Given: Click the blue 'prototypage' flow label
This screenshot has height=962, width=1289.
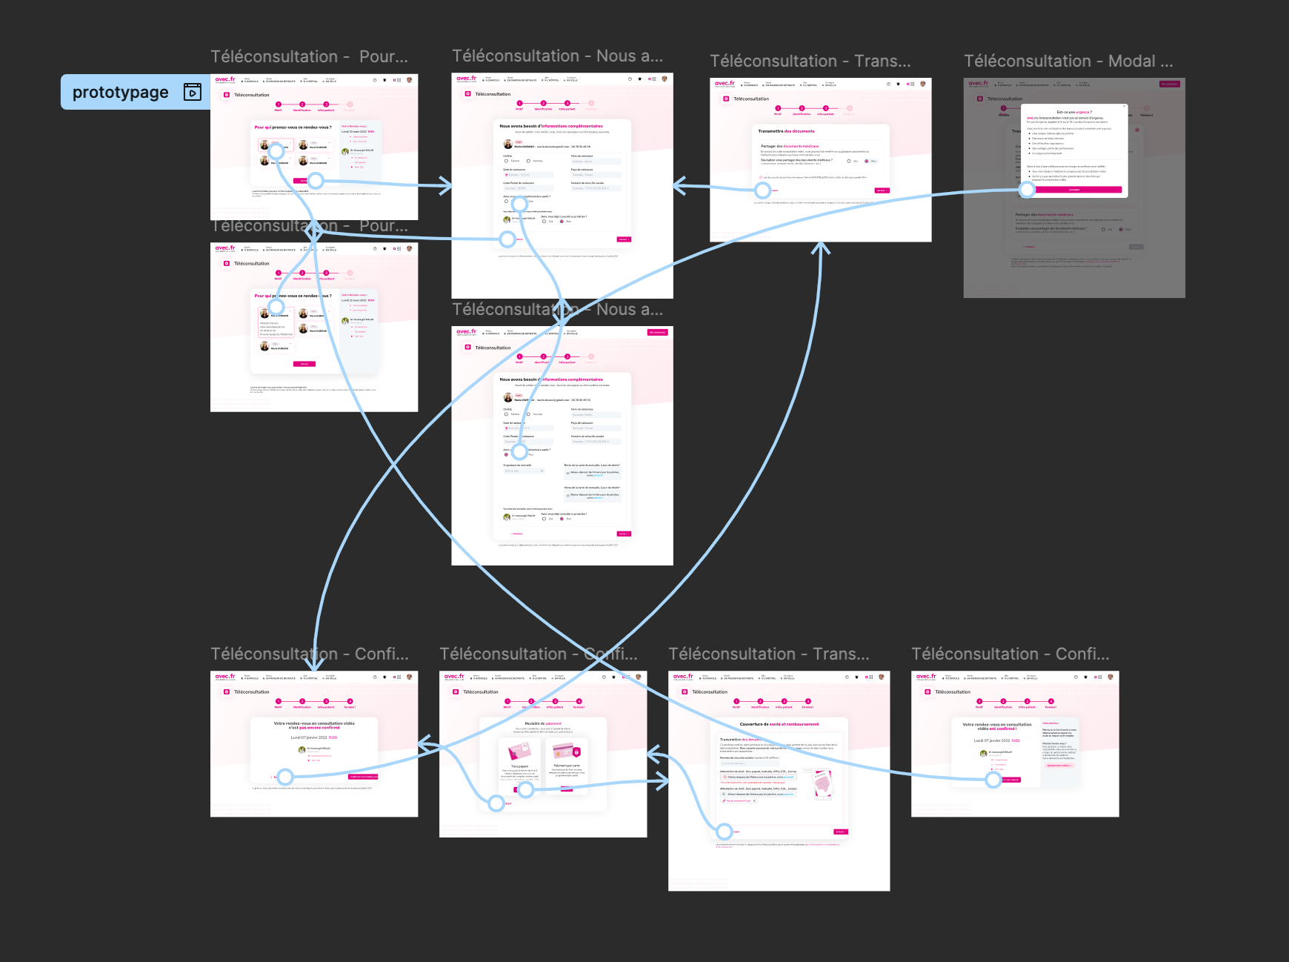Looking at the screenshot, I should (x=121, y=92).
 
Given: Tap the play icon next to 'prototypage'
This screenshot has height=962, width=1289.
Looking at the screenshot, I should (x=193, y=92).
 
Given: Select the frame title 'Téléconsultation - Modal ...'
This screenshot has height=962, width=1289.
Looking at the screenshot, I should (x=1068, y=62).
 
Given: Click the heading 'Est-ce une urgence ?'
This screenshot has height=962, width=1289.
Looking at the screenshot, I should (x=1073, y=112).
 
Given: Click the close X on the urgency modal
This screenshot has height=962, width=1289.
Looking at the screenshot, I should (x=1137, y=130).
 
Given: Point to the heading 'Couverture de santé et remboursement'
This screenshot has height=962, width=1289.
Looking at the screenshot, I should (x=779, y=724).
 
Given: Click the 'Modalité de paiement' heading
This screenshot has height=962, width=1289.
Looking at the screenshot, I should (x=543, y=723).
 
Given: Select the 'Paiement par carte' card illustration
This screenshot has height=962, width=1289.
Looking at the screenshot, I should (x=567, y=751).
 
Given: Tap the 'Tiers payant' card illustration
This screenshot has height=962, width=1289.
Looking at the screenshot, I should (x=519, y=752).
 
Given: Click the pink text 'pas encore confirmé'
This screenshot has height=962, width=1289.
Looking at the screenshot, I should (x=319, y=728).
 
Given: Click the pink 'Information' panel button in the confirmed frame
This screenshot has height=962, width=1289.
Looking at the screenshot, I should (x=1059, y=766).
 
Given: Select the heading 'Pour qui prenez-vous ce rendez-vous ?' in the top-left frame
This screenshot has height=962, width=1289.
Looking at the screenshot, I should (x=293, y=127).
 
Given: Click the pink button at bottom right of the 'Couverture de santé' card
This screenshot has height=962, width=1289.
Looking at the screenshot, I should (x=840, y=832).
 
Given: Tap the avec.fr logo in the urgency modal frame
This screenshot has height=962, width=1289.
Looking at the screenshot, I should (x=979, y=83).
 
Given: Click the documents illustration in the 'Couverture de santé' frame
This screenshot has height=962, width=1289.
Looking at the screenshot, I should (x=822, y=783).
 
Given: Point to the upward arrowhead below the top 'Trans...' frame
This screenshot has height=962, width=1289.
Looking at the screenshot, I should (x=820, y=248).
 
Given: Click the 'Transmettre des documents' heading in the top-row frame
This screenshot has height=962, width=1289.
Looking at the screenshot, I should (x=786, y=131).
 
